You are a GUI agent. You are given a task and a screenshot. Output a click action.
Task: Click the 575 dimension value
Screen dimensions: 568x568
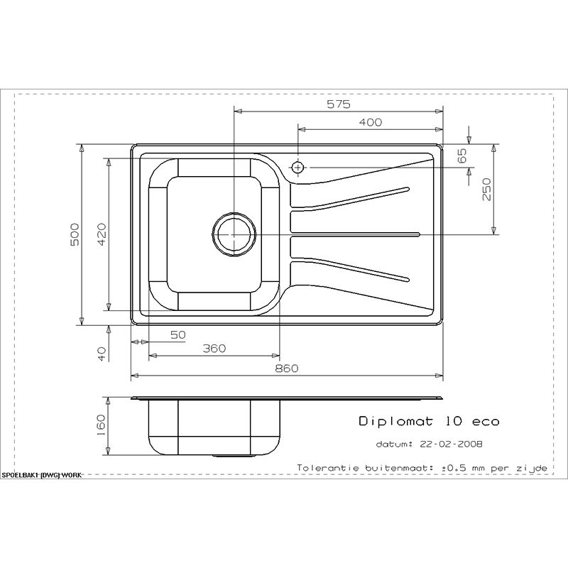pos(339,105)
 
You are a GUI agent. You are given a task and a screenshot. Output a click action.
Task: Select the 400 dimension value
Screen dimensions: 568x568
pos(369,123)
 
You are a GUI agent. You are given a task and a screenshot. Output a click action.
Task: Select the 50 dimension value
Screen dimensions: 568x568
pos(177,334)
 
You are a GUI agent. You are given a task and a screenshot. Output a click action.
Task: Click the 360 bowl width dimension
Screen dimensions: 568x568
pos(214,348)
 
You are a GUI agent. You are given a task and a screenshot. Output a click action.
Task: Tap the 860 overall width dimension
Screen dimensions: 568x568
pos(286,368)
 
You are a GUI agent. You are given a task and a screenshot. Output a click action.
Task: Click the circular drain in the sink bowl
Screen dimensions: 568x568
pos(233,234)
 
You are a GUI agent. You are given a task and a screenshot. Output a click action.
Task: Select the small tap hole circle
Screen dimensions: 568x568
pos(297,168)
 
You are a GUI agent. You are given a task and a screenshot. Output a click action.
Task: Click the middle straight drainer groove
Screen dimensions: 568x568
pos(355,234)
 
